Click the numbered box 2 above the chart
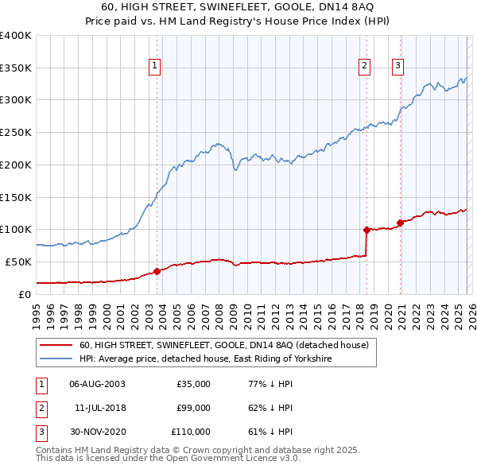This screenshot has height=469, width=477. coord(364,66)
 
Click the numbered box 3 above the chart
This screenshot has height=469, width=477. coord(397,66)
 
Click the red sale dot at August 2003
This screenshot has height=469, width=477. coord(157,271)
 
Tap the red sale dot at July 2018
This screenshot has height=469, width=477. coord(366,230)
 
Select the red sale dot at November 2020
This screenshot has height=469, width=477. coord(400,223)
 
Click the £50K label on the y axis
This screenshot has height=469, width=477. coord(18,262)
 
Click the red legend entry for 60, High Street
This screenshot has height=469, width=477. coord(223,346)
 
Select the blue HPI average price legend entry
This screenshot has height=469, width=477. coord(204,359)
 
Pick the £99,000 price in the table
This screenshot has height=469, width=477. coord(193,408)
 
